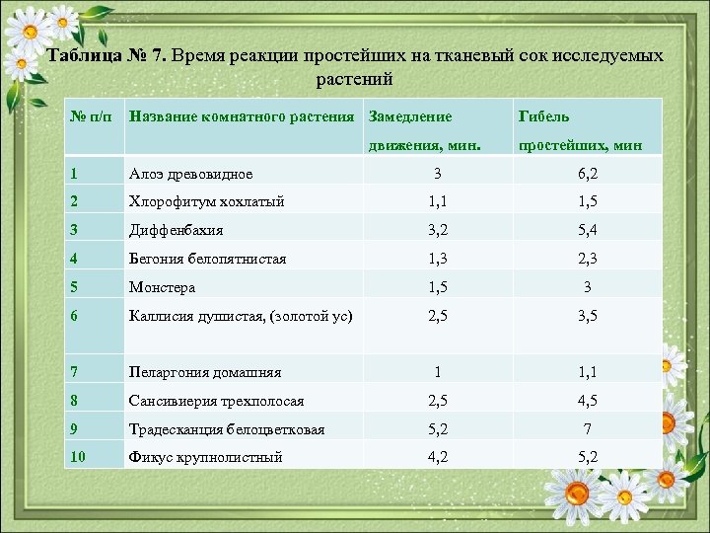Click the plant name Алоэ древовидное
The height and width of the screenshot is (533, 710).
click(x=190, y=174)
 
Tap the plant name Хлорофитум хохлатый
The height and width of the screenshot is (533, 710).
click(x=206, y=201)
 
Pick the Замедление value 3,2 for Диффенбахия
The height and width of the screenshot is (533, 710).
click(x=438, y=230)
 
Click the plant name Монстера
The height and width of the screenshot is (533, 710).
click(x=162, y=287)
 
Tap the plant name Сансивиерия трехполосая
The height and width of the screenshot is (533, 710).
click(x=216, y=401)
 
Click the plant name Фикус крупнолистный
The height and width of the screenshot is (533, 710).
click(x=205, y=457)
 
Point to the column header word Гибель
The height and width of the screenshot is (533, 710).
click(x=543, y=116)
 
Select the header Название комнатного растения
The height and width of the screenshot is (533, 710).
click(x=242, y=116)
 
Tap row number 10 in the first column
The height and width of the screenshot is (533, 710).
click(x=79, y=457)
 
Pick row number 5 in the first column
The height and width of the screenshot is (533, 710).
click(x=75, y=287)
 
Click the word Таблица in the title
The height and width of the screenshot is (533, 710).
click(x=85, y=55)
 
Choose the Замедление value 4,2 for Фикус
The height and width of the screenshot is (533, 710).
click(x=438, y=457)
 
